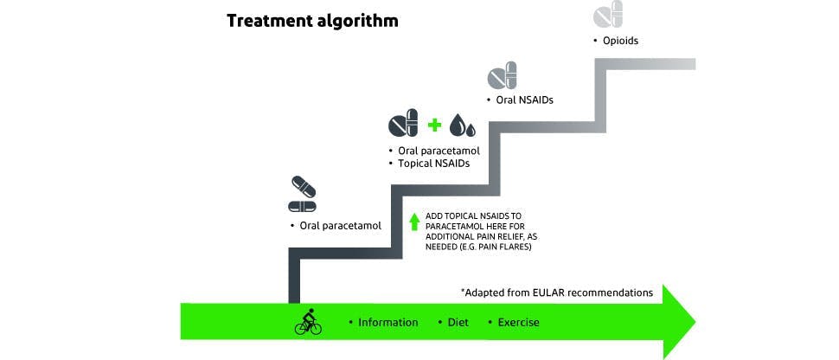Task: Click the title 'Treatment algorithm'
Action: click(312, 21)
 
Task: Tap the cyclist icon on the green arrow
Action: click(307, 322)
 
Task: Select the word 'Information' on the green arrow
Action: click(388, 323)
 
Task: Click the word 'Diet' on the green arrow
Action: click(458, 323)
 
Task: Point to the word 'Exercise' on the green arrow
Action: click(518, 323)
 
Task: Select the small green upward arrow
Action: click(414, 222)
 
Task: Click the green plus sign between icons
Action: click(434, 125)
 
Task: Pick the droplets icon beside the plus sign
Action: click(463, 125)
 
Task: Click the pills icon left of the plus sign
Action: click(403, 124)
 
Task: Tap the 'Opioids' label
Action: click(620, 41)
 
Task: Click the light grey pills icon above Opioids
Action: click(607, 14)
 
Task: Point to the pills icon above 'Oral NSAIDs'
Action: click(502, 75)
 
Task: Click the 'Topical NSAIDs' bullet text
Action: click(433, 163)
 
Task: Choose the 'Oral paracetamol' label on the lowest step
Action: click(340, 226)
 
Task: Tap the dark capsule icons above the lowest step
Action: click(302, 195)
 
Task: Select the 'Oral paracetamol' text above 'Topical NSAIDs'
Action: click(439, 151)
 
